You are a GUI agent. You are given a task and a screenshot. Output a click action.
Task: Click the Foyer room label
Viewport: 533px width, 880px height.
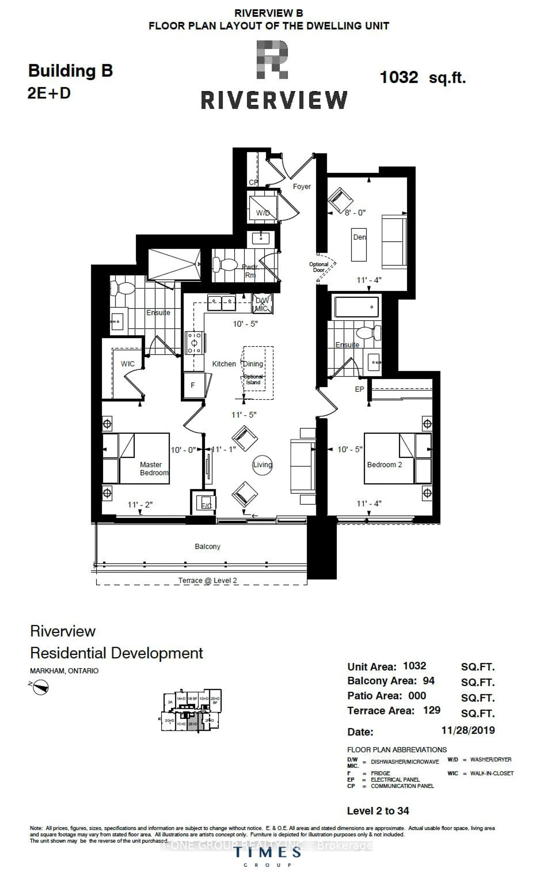pyautogui.click(x=302, y=186)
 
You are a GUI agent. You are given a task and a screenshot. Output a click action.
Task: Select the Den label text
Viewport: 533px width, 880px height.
pyautogui.click(x=359, y=237)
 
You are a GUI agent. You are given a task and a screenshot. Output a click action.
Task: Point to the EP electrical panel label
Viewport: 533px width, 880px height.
pyautogui.click(x=359, y=389)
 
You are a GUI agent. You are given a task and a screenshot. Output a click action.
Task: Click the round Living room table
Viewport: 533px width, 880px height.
pyautogui.click(x=262, y=465)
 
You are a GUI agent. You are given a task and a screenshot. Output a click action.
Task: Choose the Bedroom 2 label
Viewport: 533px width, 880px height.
pyautogui.click(x=384, y=465)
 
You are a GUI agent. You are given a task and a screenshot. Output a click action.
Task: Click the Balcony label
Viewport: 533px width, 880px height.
pyautogui.click(x=207, y=546)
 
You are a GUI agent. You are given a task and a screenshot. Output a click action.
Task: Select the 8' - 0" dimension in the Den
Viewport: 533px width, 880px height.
pyautogui.click(x=355, y=213)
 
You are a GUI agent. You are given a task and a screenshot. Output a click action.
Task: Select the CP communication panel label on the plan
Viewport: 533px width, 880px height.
pyautogui.click(x=253, y=182)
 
